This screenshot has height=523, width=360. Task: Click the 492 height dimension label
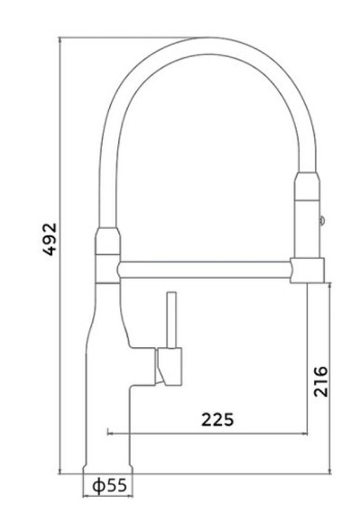[x=50, y=239]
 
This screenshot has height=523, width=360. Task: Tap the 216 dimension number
[x=321, y=381]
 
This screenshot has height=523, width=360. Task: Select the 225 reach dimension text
[x=217, y=419]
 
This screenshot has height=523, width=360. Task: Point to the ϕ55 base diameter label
[x=110, y=485]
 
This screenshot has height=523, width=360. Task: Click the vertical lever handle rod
[x=171, y=320]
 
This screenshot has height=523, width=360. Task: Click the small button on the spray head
[x=322, y=220]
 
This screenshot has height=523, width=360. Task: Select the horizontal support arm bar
[x=204, y=270]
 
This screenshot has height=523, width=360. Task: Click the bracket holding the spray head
[x=307, y=271]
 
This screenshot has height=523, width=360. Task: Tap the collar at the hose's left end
[x=107, y=242]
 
